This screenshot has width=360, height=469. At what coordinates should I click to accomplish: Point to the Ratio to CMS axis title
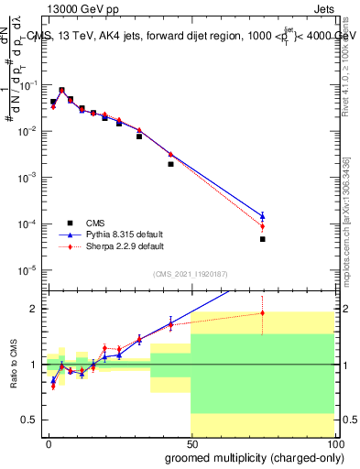tap(14, 365)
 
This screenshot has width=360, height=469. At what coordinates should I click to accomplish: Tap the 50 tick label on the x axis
tap(191, 443)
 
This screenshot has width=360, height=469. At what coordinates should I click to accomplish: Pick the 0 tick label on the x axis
tap(49, 443)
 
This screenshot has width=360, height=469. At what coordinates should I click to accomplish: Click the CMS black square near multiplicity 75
tap(262, 239)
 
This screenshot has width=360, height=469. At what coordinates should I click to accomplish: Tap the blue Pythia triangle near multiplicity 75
tap(262, 216)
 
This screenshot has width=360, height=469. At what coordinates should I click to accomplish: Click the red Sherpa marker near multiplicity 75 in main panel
tap(262, 226)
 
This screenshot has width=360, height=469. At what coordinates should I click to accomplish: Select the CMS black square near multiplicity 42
tap(170, 164)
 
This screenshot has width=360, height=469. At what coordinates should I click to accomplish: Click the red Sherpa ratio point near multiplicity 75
tap(262, 313)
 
